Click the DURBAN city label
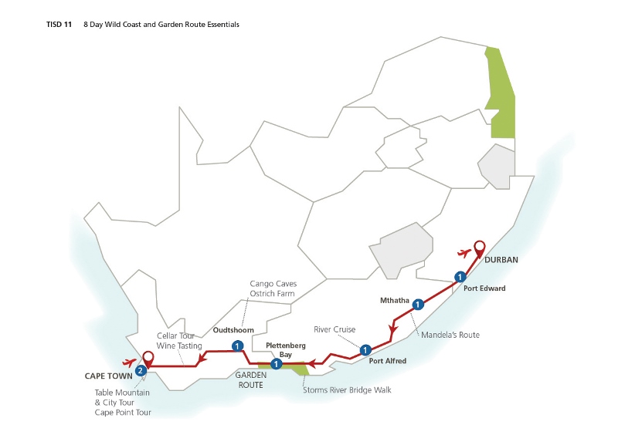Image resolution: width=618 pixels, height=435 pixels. (501, 260)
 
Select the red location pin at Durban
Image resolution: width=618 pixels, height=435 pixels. (479, 248)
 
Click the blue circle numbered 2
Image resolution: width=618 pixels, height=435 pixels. (140, 371)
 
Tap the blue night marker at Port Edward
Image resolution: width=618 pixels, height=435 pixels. (460, 277)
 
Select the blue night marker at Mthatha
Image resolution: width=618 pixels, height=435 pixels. (418, 304)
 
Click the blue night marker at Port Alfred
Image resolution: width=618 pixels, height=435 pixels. (365, 349)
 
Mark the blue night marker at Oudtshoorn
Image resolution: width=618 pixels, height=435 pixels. (236, 346)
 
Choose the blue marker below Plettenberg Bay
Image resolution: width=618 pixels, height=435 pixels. (276, 364)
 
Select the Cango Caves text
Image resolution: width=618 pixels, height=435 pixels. (273, 284)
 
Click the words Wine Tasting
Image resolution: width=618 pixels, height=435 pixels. (179, 346)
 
